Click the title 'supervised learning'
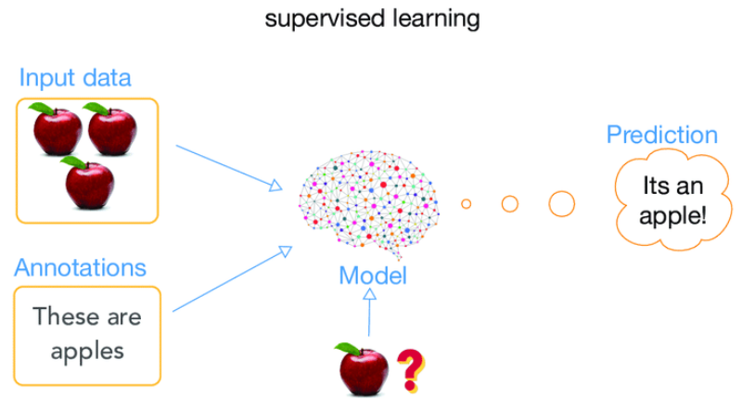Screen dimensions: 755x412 pos(372,19)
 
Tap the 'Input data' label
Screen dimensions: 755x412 pos(75,78)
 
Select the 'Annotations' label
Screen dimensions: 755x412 pos(80,268)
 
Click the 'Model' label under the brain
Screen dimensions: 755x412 pos(372,275)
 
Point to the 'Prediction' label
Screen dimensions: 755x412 pos(661,135)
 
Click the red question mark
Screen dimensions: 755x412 pos(409,367)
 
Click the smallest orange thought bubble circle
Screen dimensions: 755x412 pos(467,203)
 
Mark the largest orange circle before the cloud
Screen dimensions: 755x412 pos(561,203)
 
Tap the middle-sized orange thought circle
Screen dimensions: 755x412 pos(509,203)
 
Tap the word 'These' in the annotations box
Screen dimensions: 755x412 pos(62,316)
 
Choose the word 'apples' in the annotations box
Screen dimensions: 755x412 pos(87,351)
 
